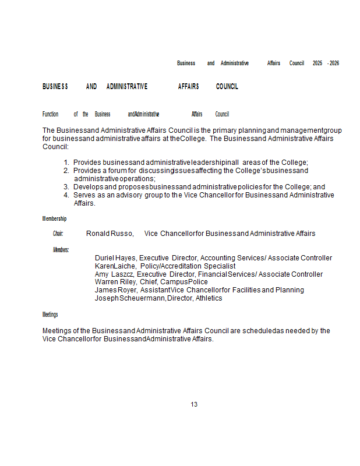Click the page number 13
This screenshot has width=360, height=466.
tap(194, 404)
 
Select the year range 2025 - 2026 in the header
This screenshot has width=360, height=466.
tap(326, 63)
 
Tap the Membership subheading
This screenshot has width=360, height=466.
tap(54, 219)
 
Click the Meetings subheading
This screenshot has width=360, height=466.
tap(50, 315)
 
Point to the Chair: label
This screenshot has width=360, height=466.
tap(58, 234)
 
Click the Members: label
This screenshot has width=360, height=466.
tap(61, 250)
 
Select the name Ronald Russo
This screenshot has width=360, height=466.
tap(110, 234)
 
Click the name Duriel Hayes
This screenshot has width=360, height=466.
tap(115, 258)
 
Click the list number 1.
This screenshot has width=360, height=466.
tap(66, 163)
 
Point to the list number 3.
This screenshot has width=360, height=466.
tap(66, 187)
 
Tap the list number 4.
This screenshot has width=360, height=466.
tap(66, 195)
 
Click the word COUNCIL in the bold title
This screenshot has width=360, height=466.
tap(227, 87)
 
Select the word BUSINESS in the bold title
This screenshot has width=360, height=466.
tap(55, 87)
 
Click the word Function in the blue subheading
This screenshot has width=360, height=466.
tap(51, 114)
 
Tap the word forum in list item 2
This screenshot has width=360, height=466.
tap(117, 171)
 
